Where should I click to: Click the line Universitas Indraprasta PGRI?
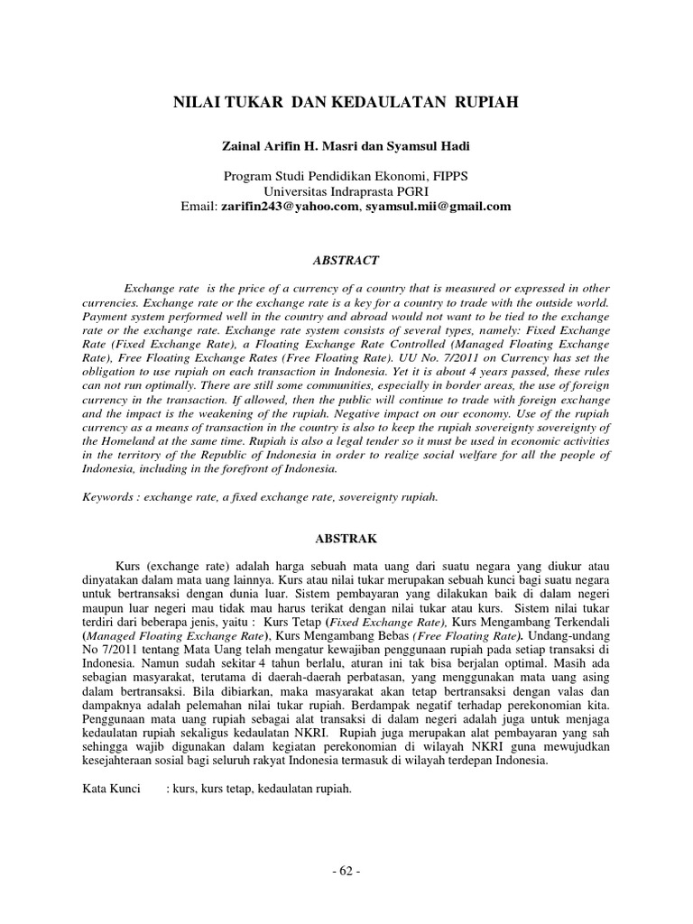(346, 191)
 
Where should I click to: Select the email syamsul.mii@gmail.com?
(438, 206)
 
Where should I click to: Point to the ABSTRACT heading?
(346, 260)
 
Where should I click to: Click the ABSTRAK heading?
(346, 537)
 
